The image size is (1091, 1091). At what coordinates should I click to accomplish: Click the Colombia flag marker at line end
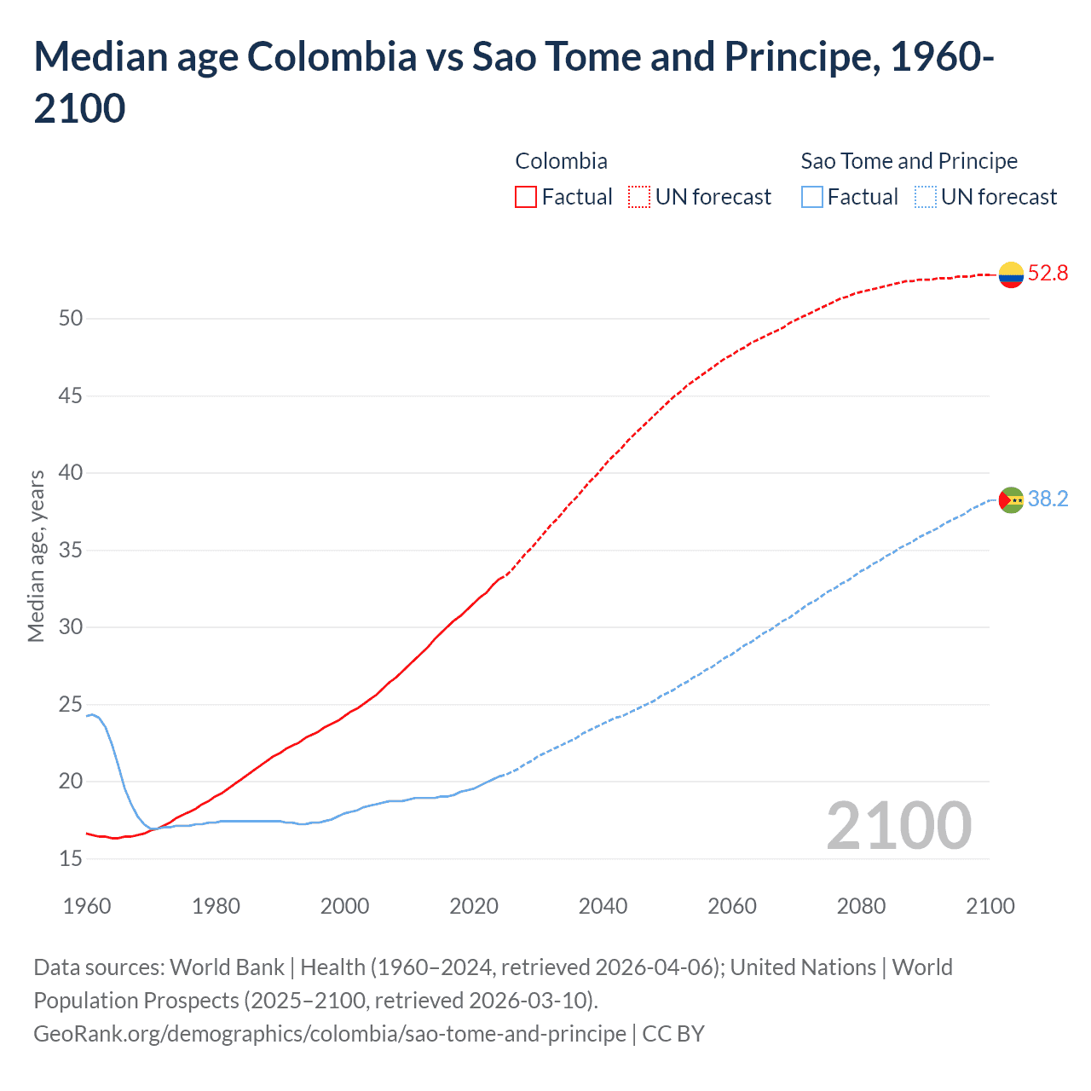(x=1011, y=274)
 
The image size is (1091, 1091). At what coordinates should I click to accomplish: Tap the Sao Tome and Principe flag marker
(x=1011, y=499)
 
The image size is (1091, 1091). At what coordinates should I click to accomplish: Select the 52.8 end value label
(x=1048, y=274)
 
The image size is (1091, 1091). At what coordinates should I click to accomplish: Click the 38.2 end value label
(x=1048, y=499)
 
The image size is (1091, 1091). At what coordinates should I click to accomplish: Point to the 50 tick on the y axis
(x=71, y=319)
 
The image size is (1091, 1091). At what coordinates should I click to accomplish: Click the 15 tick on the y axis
(x=71, y=859)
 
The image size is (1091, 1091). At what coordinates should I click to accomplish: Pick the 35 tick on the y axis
(x=71, y=551)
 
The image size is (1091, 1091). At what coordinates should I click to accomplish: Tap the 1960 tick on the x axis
(x=87, y=906)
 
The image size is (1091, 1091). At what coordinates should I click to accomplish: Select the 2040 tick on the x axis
(x=603, y=906)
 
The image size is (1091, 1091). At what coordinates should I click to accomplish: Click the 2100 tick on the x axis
(x=990, y=906)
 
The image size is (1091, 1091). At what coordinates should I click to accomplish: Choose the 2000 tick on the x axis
(x=344, y=906)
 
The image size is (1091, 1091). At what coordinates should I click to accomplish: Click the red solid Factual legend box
(x=526, y=197)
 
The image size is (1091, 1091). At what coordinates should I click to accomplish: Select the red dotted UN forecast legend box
(x=639, y=197)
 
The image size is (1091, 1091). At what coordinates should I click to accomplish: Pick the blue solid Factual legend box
(x=811, y=197)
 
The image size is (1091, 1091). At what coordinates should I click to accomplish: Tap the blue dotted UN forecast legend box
(x=925, y=197)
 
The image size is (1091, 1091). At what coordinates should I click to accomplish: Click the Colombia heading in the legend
(x=561, y=161)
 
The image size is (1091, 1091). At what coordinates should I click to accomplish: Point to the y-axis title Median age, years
(x=36, y=556)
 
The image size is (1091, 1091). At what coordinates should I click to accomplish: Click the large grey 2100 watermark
(x=898, y=826)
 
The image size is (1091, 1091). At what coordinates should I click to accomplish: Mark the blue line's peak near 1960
(x=92, y=714)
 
